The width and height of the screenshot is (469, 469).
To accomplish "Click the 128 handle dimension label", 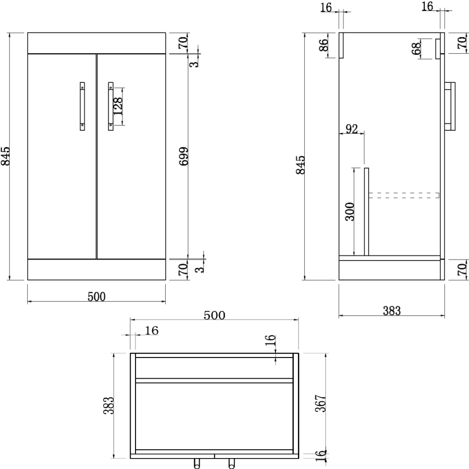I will point(118,106).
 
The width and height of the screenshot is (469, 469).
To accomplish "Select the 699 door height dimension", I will point(183,156).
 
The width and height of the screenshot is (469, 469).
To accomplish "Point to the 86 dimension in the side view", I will point(323,45).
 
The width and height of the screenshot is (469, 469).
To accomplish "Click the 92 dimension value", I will point(352,129).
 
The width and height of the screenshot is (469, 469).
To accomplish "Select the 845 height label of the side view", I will point(301,164).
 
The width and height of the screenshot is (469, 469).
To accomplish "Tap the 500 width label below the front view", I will point(96,297).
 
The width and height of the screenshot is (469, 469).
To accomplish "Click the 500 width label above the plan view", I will point(214,315).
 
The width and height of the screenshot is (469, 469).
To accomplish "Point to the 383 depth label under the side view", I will point(392,311).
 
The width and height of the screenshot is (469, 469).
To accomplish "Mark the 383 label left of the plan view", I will point(108,406).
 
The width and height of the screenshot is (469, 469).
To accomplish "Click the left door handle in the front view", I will point(82,106).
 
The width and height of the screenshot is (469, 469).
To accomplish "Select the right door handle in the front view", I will point(110,106).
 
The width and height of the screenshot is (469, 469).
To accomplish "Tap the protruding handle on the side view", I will point(451,106).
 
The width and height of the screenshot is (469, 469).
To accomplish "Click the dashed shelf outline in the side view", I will point(404,195).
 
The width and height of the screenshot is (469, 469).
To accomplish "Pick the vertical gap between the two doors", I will point(96,156).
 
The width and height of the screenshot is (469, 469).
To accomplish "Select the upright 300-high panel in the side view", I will point(366,212).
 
